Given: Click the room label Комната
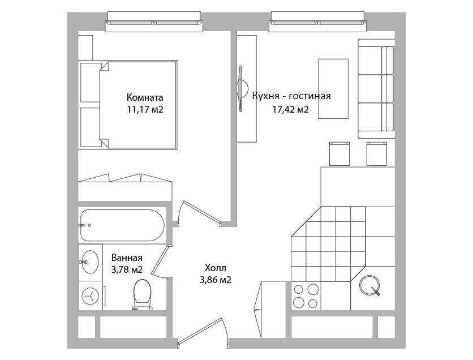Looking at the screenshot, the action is point(145,97).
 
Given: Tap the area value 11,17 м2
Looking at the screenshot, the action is point(145,109).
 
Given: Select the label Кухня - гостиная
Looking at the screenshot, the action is point(291,96).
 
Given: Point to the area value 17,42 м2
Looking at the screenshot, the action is point(290,109).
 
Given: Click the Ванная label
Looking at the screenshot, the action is point(127,258).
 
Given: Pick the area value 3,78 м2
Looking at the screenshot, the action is point(127,269).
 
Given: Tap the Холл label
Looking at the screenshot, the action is point(216,268).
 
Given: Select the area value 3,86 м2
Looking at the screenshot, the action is point(216,280).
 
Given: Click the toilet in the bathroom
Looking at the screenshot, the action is point(142,294).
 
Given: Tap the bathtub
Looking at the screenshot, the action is point(122,225).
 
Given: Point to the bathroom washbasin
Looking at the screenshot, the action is point(90,262).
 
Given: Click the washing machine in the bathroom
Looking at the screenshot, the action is point(91,295).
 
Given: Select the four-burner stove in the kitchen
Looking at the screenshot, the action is point(306,296).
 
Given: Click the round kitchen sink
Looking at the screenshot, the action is point(370,285).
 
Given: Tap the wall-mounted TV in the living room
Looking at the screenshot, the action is point(242,89).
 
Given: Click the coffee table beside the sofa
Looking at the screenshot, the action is point(333,89).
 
